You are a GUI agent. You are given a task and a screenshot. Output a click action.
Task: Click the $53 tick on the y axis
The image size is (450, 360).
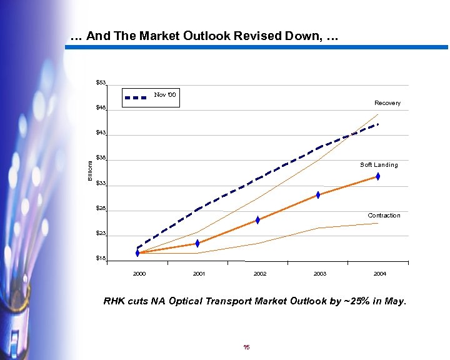[101, 83]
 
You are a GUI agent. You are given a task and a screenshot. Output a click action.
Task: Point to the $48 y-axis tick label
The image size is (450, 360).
[101, 108]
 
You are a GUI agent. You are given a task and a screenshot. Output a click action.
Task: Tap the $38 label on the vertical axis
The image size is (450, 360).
[101, 158]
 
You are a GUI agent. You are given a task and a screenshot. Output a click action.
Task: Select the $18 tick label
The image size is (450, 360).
[101, 258]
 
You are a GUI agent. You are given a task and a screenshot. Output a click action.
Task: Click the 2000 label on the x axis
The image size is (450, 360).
[139, 274]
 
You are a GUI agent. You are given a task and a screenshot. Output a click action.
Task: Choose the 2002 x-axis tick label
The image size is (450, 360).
[260, 274]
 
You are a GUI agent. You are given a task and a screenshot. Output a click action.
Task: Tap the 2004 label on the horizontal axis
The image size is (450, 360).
[379, 274]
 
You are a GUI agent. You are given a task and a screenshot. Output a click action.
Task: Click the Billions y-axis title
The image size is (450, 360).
[90, 171]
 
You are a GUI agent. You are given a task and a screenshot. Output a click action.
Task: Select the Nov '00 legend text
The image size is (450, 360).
[166, 95]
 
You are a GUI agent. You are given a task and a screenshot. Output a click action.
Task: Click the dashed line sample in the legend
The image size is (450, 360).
[136, 98]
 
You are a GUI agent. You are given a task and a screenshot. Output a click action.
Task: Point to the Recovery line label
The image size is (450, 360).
[387, 103]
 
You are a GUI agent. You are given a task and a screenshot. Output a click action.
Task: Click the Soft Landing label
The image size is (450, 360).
[379, 165]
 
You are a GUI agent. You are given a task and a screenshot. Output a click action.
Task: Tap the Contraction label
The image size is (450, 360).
[384, 216]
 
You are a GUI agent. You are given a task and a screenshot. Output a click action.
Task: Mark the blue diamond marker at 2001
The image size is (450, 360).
[197, 243]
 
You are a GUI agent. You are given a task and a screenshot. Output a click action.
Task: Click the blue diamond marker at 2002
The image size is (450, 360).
[257, 220]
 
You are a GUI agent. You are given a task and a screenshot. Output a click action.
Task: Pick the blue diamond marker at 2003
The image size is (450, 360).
[318, 195]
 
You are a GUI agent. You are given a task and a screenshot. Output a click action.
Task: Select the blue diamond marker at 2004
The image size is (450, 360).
[378, 177]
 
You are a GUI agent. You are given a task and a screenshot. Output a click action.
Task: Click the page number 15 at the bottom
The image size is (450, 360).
[247, 347]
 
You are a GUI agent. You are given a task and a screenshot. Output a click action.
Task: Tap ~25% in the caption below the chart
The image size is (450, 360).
[351, 301]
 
